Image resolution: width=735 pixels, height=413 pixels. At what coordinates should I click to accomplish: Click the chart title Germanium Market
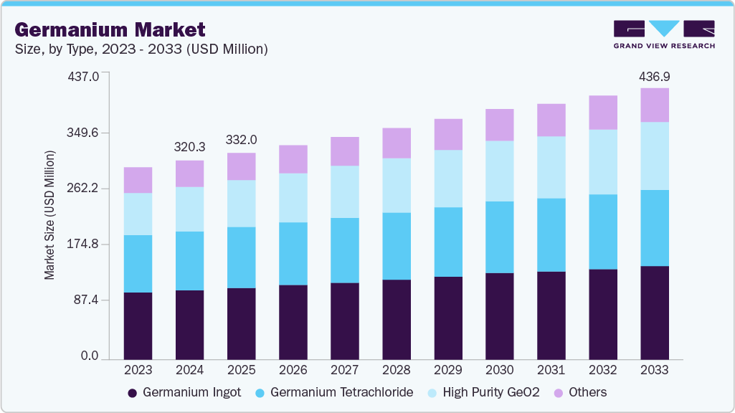pyautogui.click(x=110, y=29)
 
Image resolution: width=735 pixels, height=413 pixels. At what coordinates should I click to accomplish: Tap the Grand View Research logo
pyautogui.click(x=664, y=34)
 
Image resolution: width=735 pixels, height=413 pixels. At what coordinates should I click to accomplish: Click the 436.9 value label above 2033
pyautogui.click(x=654, y=77)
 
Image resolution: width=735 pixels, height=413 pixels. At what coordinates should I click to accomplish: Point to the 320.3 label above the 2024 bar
pyautogui.click(x=190, y=147)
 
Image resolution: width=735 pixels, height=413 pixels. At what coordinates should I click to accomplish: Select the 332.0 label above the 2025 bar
pyautogui.click(x=242, y=139)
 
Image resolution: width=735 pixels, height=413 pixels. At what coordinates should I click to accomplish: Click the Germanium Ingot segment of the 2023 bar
pyautogui.click(x=138, y=326)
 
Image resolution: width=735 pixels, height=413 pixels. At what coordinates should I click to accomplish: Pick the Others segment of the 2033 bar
pyautogui.click(x=654, y=105)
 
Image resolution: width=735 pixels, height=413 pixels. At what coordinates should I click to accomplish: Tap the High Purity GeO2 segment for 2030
pyautogui.click(x=499, y=171)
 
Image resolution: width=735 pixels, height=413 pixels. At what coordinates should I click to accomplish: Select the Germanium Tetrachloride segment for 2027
pyautogui.click(x=345, y=250)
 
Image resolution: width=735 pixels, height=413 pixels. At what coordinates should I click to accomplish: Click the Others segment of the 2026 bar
pyautogui.click(x=293, y=159)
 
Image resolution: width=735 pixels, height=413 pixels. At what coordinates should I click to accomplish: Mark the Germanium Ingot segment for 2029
pyautogui.click(x=447, y=318)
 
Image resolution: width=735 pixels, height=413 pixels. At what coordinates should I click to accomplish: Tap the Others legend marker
pyautogui.click(x=558, y=392)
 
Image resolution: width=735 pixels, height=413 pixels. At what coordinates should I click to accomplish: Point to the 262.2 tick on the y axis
pyautogui.click(x=84, y=189)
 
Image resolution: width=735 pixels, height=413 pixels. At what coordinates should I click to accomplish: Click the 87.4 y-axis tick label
pyautogui.click(x=87, y=300)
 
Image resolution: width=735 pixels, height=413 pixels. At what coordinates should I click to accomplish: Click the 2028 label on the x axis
pyautogui.click(x=397, y=370)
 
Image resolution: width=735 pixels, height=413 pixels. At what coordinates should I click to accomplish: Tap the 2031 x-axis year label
pyautogui.click(x=551, y=370)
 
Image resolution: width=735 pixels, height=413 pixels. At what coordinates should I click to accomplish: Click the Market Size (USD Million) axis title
pyautogui.click(x=49, y=215)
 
